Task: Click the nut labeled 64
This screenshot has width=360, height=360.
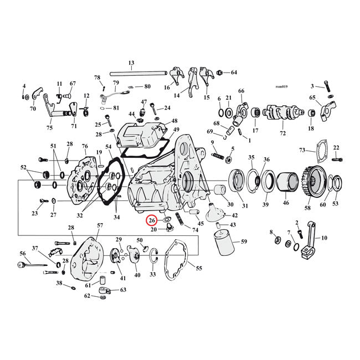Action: pos(220,73)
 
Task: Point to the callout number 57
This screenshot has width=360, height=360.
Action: pos(100,225)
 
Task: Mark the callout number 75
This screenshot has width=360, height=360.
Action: pos(49,128)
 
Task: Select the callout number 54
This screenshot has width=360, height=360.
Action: pos(109,146)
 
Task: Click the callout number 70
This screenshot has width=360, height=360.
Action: pos(33,109)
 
